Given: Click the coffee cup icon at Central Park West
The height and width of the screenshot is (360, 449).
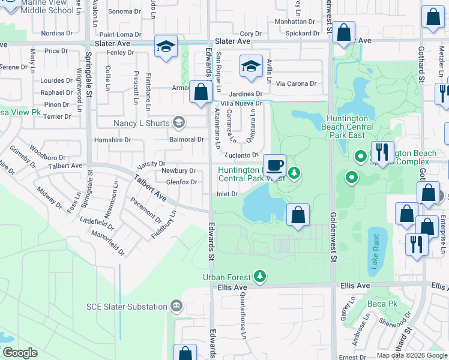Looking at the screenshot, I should click(275, 165).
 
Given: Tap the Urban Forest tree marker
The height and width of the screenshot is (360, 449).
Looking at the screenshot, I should click(259, 277).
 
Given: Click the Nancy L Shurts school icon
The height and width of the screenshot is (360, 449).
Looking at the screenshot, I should click(178, 122).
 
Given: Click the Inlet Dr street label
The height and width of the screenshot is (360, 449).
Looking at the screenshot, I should click(227, 194).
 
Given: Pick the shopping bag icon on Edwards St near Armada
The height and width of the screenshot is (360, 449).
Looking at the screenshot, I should click(200, 92).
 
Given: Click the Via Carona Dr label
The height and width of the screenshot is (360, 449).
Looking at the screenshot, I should click(296, 83).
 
